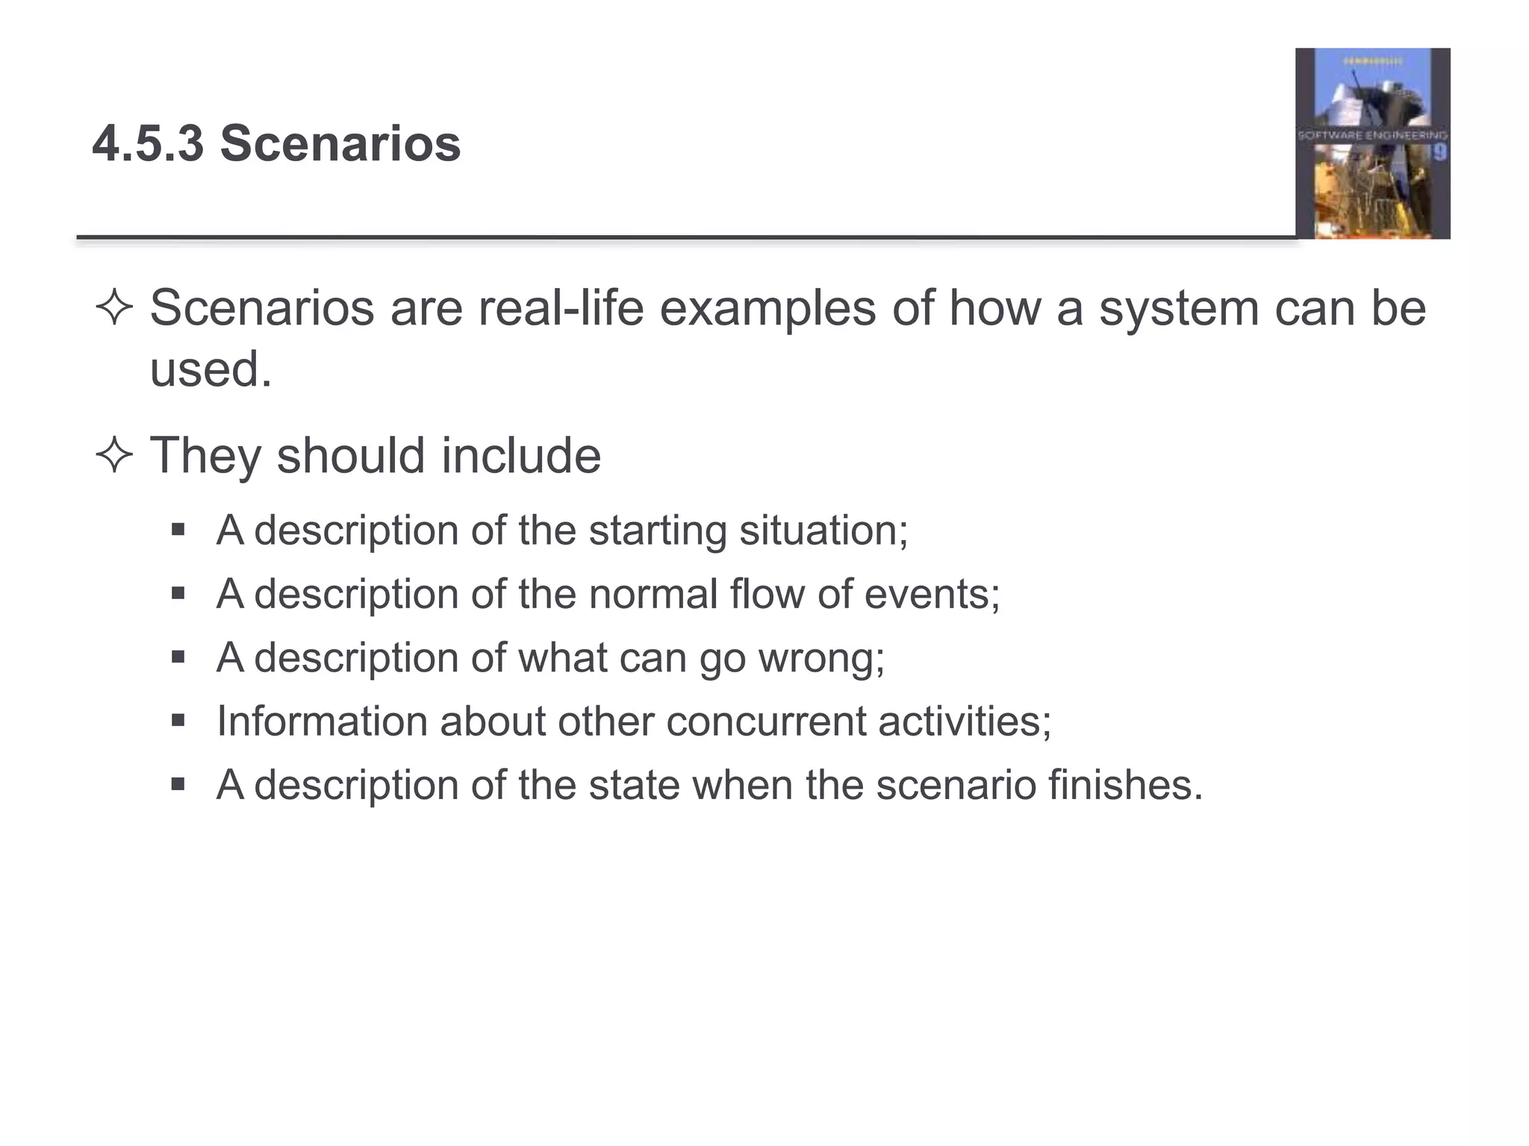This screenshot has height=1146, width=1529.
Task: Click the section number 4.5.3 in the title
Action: (x=148, y=143)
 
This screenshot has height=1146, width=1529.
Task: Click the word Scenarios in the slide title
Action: (x=340, y=143)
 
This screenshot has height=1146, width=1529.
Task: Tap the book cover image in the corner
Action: (x=1372, y=143)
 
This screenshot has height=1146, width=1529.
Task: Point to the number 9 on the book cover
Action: (x=1439, y=153)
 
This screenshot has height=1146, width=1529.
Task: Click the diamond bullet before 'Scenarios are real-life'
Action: (x=114, y=308)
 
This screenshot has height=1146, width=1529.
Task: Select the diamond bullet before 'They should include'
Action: (x=114, y=455)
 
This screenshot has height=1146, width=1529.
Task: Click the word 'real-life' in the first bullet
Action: (x=560, y=308)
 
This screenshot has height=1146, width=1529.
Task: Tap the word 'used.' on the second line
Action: (x=211, y=369)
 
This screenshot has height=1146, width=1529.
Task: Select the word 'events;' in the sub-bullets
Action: (x=932, y=595)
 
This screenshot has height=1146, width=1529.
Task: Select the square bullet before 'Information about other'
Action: (x=178, y=721)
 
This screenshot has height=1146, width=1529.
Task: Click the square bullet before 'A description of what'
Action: (x=178, y=657)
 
